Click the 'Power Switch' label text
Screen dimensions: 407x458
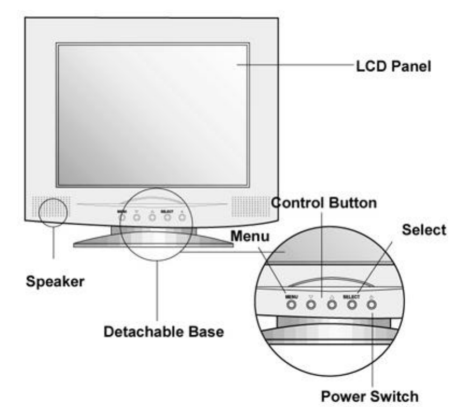pyautogui.click(x=369, y=397)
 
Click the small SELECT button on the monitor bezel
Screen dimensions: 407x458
pyautogui.click(x=167, y=217)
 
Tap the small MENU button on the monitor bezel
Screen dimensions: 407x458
pyautogui.click(x=122, y=217)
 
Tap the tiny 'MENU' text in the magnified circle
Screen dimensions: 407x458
pyautogui.click(x=291, y=296)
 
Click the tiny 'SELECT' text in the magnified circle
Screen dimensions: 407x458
pyautogui.click(x=351, y=296)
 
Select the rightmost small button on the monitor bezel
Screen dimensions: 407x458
pyautogui.click(x=182, y=217)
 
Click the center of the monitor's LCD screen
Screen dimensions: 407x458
pyautogui.click(x=153, y=115)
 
